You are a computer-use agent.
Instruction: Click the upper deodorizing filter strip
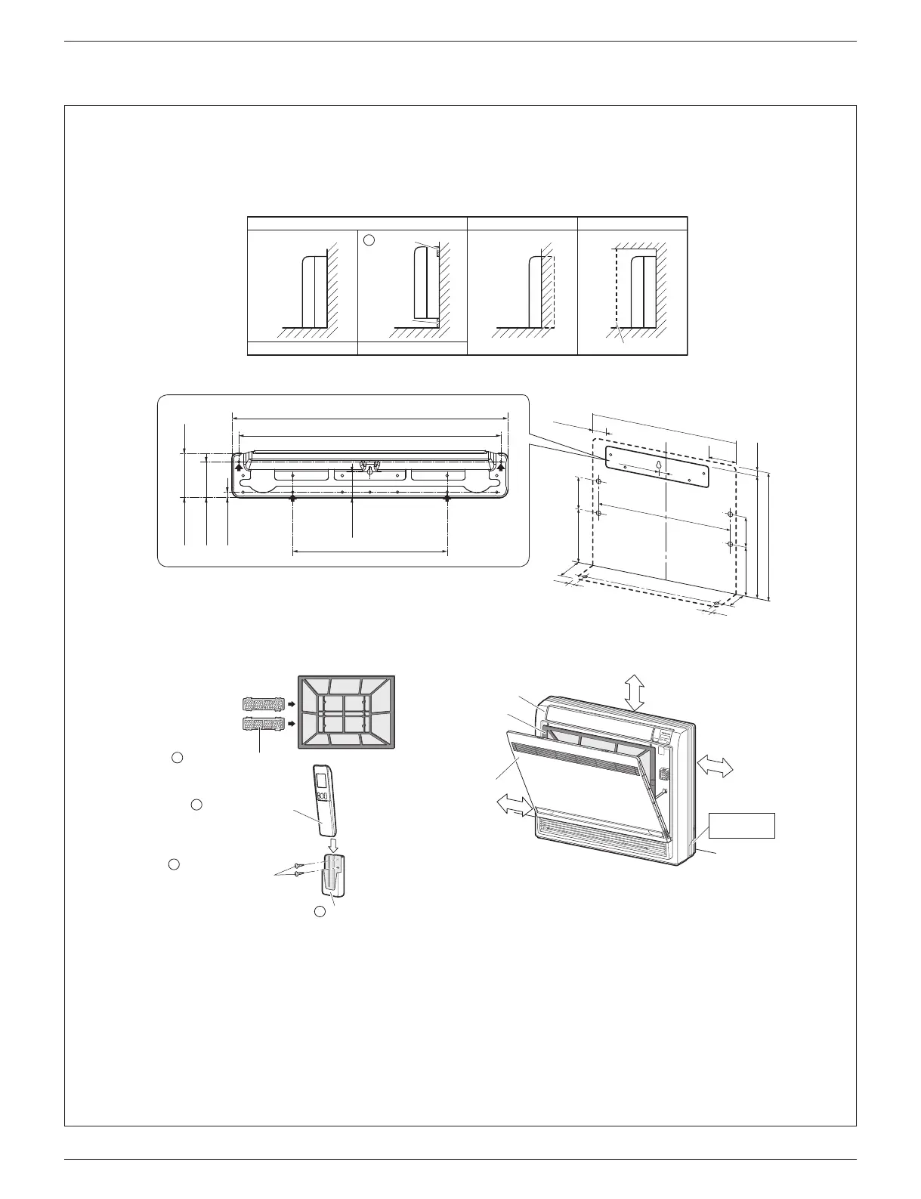pyautogui.click(x=259, y=703)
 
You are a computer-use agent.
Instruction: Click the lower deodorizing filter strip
pyautogui.click(x=259, y=724)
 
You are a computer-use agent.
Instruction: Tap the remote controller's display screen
pyautogui.click(x=322, y=780)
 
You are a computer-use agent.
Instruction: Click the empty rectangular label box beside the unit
pyautogui.click(x=742, y=825)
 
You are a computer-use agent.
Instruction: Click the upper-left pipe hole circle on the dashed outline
pyautogui.click(x=598, y=481)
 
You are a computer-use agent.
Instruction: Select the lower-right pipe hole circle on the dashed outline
pyautogui.click(x=729, y=544)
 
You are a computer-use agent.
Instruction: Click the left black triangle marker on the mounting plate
pyautogui.click(x=239, y=467)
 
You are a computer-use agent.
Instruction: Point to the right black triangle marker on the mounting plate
pyautogui.click(x=500, y=467)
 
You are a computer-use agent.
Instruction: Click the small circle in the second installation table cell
pyautogui.click(x=369, y=239)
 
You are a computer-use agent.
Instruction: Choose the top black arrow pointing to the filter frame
pyautogui.click(x=289, y=703)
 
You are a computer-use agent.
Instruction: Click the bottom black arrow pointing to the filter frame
pyautogui.click(x=289, y=724)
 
